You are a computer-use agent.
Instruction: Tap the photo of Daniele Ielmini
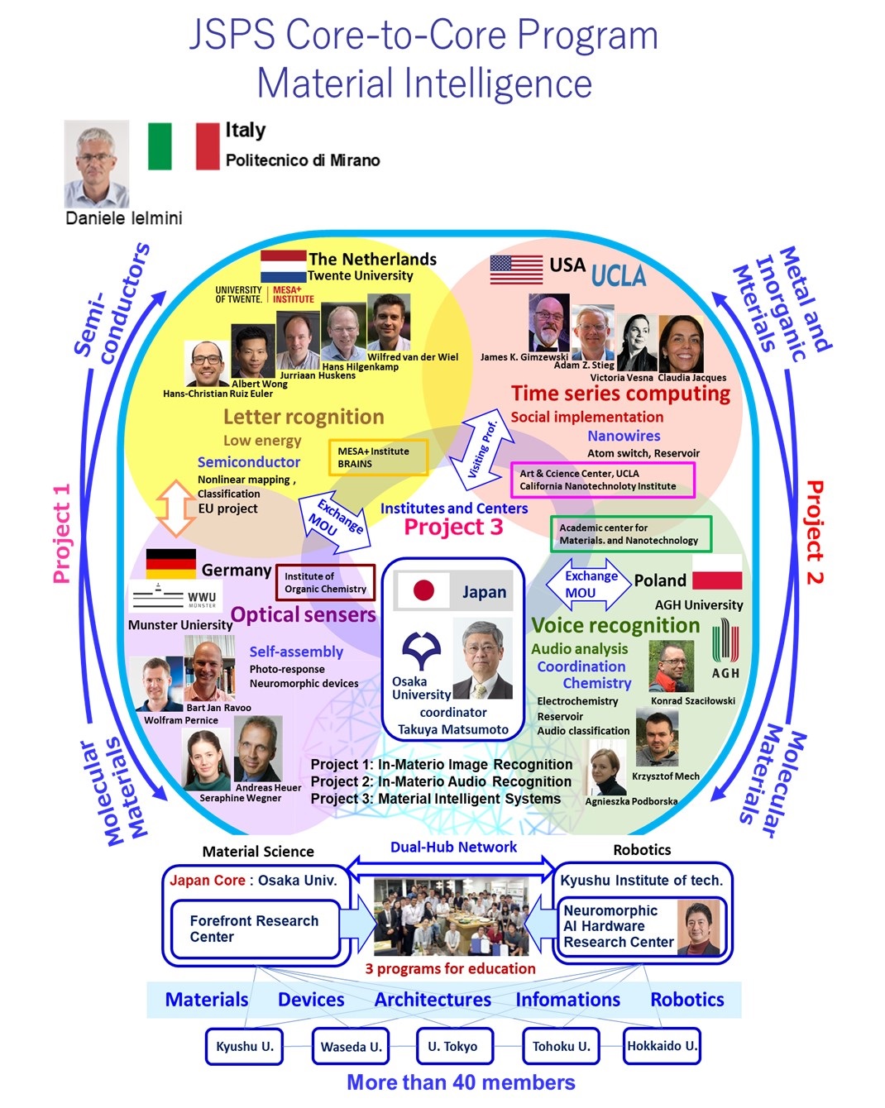97,164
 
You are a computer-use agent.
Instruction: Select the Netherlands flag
283,266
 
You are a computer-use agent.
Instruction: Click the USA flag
516,269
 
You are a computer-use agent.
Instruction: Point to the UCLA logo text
619,274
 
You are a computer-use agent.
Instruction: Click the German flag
170,563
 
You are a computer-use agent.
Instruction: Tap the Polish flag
716,580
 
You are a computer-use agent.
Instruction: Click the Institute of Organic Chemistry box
325,582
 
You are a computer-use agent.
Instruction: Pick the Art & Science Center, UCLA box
602,480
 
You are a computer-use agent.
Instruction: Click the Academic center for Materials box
630,534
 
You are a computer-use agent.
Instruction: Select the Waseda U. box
351,1046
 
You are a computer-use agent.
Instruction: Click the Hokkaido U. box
662,1046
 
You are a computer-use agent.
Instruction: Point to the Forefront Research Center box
255,929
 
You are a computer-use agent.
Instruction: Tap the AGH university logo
725,648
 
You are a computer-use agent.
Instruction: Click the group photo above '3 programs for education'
451,916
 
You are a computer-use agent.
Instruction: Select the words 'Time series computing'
620,394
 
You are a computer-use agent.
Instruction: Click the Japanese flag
423,590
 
